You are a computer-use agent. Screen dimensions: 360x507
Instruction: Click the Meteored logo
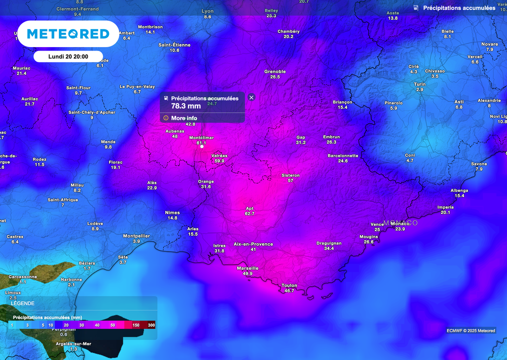[x=68, y=34]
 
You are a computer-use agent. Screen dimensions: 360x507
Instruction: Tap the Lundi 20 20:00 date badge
[x=68, y=56]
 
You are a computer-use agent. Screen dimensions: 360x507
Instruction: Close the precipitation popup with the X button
[x=251, y=98]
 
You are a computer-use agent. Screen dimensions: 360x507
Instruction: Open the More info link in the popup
[x=184, y=118]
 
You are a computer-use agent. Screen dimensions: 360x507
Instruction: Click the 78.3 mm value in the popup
[x=186, y=105]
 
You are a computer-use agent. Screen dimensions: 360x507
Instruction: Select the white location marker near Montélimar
[x=202, y=147]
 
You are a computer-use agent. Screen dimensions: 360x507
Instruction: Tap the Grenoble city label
[x=275, y=71]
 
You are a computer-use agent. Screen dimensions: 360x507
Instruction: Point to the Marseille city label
[x=248, y=268]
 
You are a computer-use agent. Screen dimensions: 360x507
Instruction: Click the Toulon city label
[x=289, y=285]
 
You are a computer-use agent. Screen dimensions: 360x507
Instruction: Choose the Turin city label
[x=420, y=84]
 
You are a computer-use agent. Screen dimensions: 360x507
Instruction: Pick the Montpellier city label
[x=136, y=236]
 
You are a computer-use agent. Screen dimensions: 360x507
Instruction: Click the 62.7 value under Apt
[x=250, y=214]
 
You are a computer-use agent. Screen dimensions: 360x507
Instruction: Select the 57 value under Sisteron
[x=291, y=180]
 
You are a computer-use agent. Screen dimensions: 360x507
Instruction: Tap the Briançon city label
[x=343, y=102]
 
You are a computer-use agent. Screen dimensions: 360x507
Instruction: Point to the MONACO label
[x=404, y=223]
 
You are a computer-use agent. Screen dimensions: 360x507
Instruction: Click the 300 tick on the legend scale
[x=151, y=325]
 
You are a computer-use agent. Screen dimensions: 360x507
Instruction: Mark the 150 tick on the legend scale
[x=136, y=325]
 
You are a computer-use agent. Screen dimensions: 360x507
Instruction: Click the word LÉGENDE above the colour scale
[x=23, y=303]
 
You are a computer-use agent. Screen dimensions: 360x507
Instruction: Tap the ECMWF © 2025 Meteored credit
[x=470, y=330]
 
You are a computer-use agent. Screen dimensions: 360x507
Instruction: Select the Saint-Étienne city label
[x=174, y=45]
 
